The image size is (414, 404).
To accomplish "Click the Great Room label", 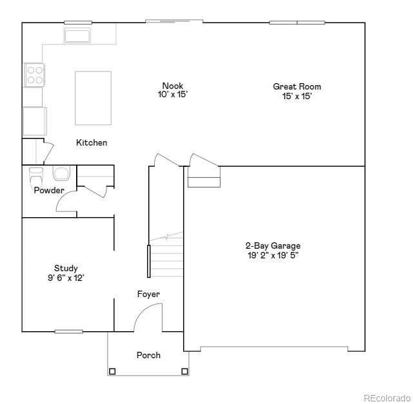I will pos(297,86).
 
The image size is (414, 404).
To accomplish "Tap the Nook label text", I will pos(172,86).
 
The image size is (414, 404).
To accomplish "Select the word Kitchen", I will pos(92,142).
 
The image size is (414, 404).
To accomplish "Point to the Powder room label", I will pos(49,191).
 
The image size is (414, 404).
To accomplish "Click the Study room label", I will pos(66,268).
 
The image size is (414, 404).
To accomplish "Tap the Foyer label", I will pos(148,294).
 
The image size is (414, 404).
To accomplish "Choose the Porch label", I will pos(148,355).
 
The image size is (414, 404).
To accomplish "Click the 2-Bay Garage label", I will pos(273,245).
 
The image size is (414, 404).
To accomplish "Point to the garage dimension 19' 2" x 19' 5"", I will pos(273,255).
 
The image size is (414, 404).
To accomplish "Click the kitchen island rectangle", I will pos(93,98).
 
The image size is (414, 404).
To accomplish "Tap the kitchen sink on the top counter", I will pos(77,35).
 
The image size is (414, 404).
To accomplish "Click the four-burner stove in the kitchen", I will pos(34,75).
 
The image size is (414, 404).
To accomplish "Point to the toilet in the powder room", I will pos(36,175).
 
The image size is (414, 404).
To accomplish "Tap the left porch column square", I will pos(112,371).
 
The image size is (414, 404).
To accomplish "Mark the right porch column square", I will pos(184,371).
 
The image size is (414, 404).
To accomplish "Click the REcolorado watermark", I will pos(386,398).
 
